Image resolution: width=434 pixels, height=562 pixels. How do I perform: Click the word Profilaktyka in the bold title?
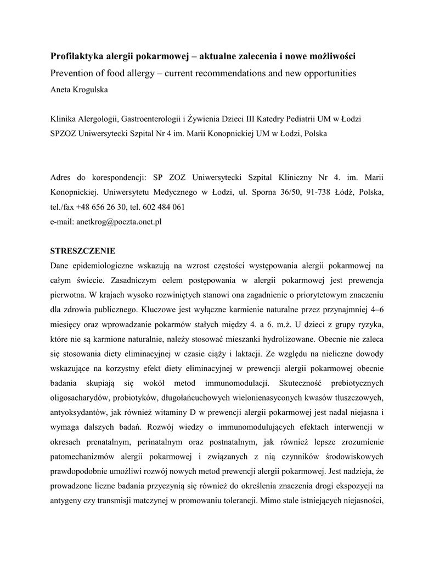point(76,57)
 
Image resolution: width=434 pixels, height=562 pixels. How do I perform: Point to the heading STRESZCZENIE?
point(82,251)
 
